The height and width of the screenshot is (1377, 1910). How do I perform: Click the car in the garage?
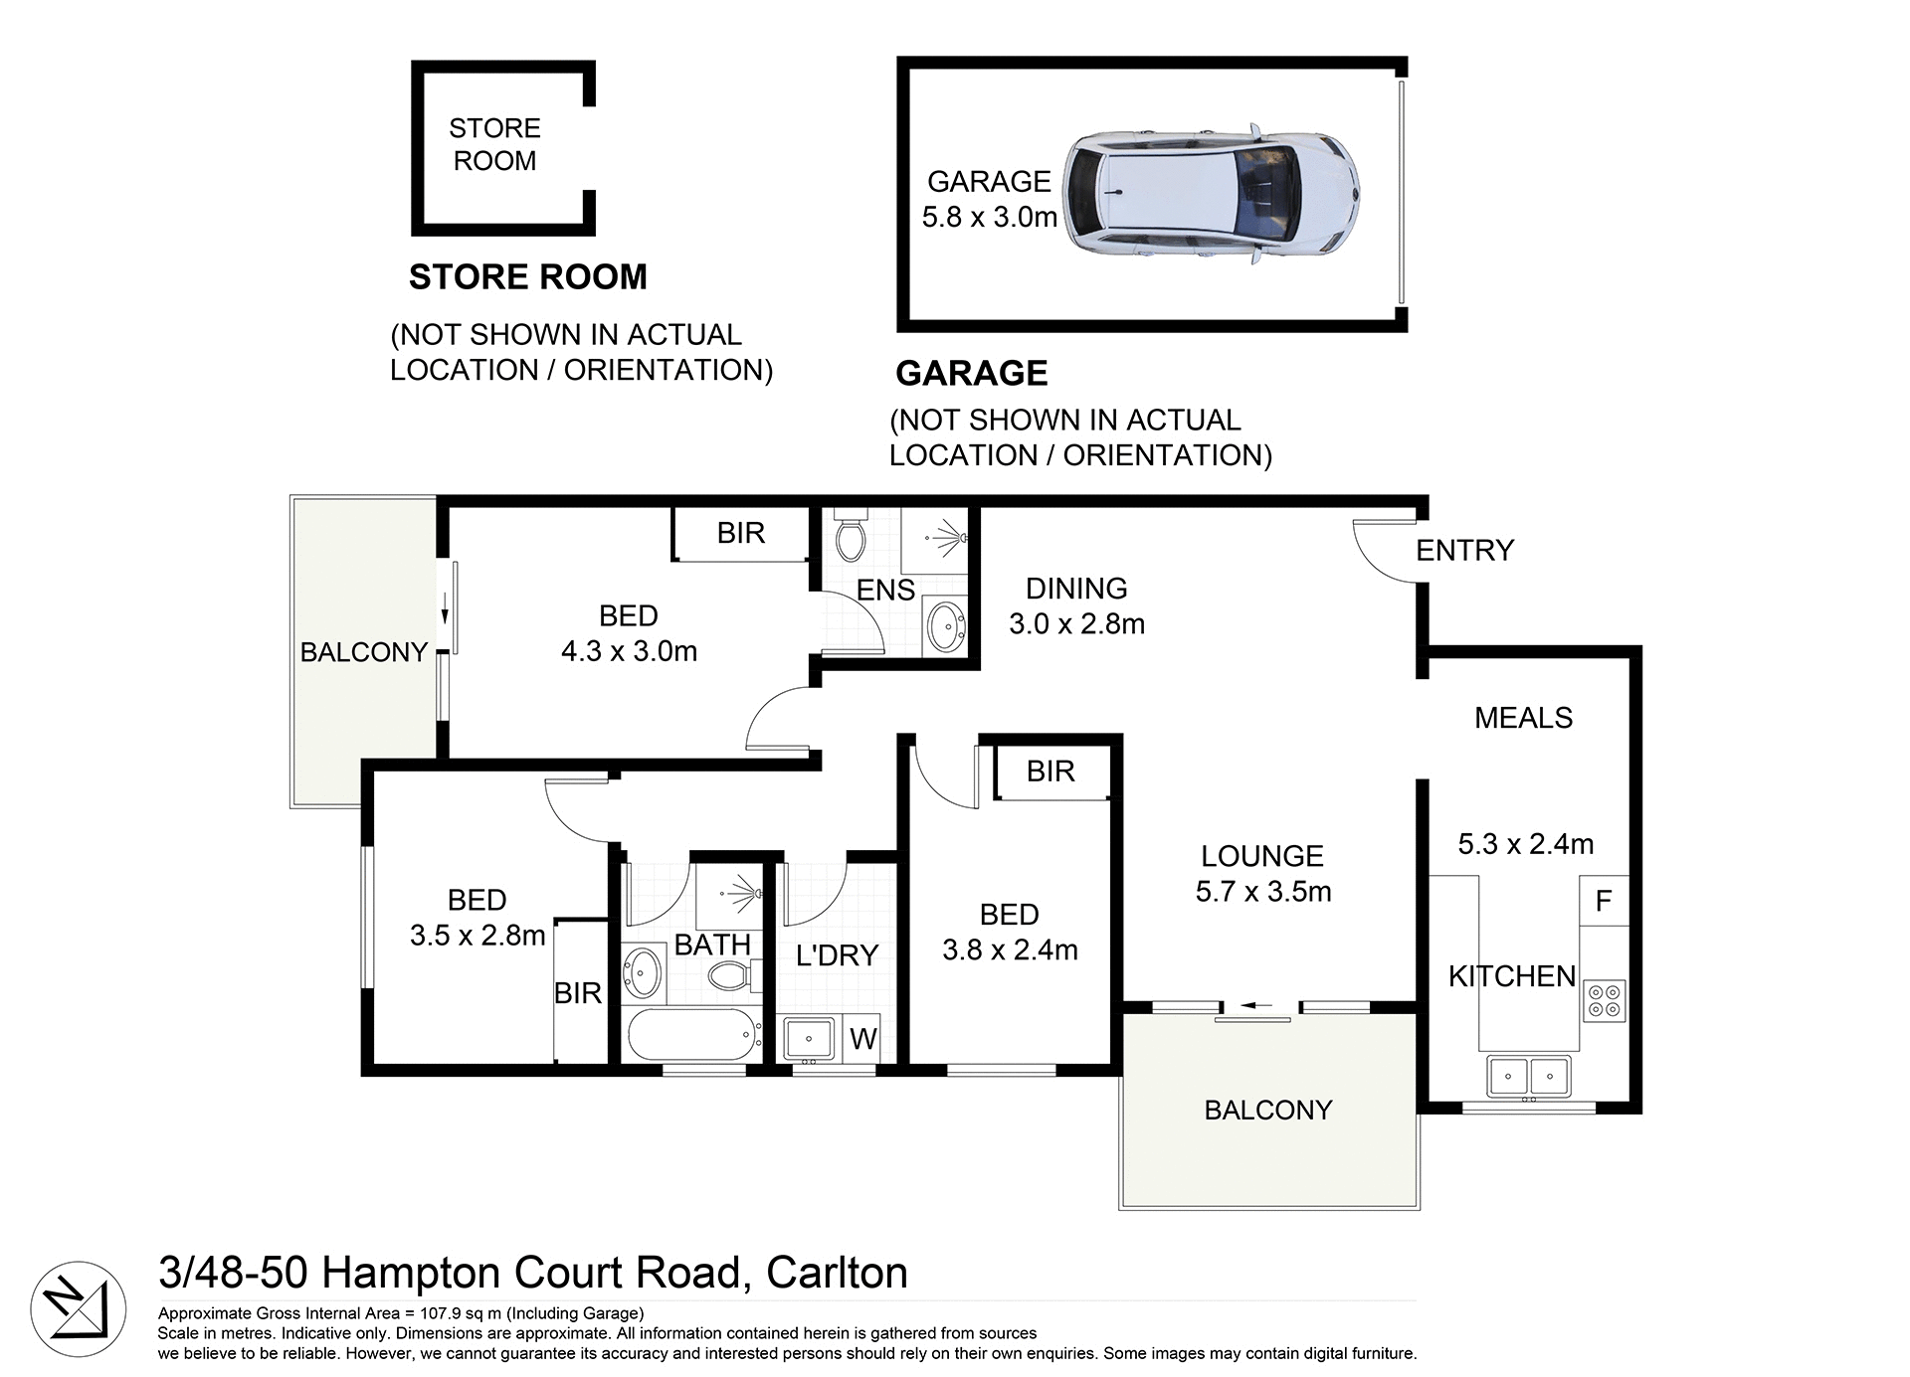pos(1212,195)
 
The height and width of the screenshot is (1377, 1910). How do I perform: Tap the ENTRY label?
pos(1464,550)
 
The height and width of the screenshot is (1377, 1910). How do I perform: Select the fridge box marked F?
pos(1604,901)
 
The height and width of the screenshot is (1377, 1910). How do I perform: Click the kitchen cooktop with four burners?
pos(1604,1000)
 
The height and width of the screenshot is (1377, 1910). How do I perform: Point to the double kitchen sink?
pos(1529,1076)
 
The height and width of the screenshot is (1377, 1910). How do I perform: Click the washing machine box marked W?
pos(862,1039)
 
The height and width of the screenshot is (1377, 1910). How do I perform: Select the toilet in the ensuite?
pos(851,538)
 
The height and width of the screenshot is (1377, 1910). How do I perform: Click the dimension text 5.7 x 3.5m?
pos(1263,892)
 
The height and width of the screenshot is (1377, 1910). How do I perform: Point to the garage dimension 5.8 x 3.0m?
pos(989,217)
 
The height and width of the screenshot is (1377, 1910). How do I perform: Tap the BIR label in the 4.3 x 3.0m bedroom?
pos(741,533)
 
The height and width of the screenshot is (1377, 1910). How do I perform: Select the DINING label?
pos(1076,589)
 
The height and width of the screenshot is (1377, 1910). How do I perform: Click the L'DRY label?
pos(837,955)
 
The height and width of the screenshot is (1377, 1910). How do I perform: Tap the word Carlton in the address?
pos(837,1273)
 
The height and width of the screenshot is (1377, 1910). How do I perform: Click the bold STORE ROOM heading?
pos(527,276)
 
